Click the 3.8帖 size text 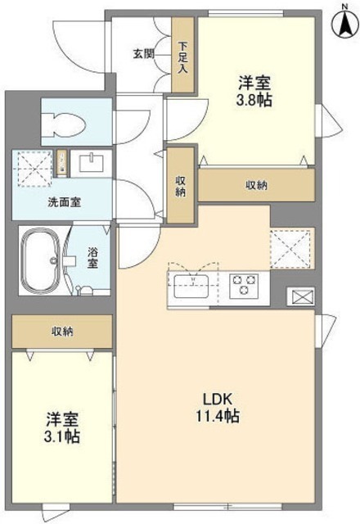pyautogui.click(x=255, y=99)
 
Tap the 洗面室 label pyautogui.click(x=62, y=201)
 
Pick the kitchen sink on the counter pyautogui.click(x=195, y=287)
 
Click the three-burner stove pyautogui.click(x=244, y=287)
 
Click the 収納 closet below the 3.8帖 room pyautogui.click(x=256, y=185)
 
